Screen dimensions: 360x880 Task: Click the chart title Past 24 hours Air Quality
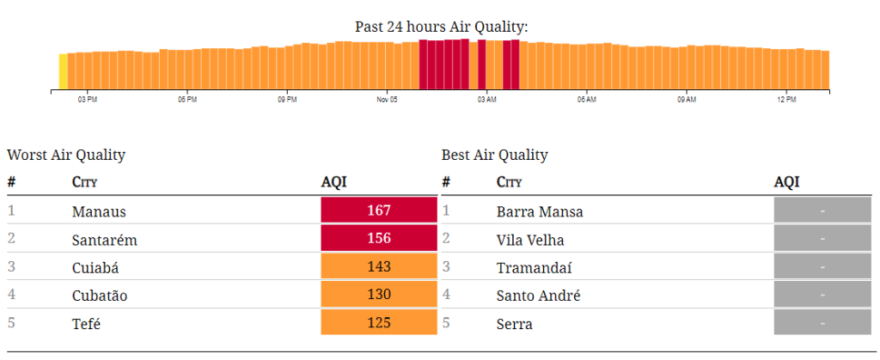tap(441, 27)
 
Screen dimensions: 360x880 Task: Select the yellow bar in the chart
tap(63, 71)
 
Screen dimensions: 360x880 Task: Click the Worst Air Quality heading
tap(66, 156)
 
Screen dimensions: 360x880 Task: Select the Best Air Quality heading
tap(494, 156)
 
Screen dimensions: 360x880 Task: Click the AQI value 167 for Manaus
tap(378, 211)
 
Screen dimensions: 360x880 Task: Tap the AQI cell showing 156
tap(378, 239)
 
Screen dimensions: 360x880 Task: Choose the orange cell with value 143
tap(378, 267)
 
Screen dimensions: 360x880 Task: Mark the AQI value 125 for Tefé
tap(378, 323)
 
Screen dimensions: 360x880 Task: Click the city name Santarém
tap(105, 240)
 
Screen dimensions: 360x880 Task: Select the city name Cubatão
tap(100, 296)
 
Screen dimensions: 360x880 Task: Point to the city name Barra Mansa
tap(540, 211)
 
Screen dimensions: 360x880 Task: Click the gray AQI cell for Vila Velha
tap(822, 239)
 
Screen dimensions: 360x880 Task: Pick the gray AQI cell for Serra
tap(822, 323)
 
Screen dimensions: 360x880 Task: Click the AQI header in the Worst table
tap(333, 182)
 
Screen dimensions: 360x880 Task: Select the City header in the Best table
tap(509, 182)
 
